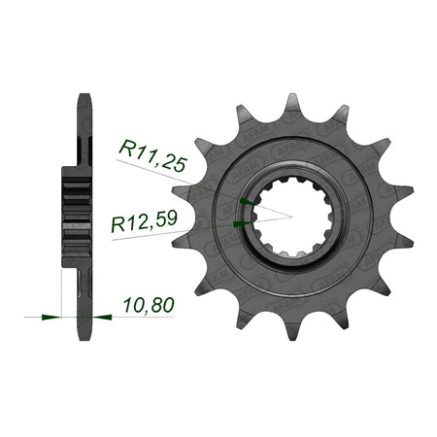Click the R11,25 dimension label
(x=153, y=156)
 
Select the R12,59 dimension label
(x=145, y=221)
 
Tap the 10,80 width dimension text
(x=149, y=305)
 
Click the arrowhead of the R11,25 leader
(x=248, y=202)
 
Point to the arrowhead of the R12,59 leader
(x=243, y=223)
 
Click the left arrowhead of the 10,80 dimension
(x=51, y=317)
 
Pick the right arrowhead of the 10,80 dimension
(x=102, y=317)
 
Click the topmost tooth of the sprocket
(x=292, y=105)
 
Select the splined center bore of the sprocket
(x=292, y=218)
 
